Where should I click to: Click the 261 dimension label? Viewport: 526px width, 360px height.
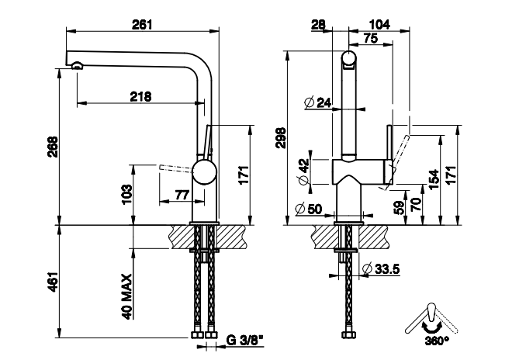point(141,24)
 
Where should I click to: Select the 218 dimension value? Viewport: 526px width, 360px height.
point(140,96)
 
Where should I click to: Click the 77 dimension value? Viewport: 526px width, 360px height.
point(182,194)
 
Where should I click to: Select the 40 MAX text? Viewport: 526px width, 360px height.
point(126,296)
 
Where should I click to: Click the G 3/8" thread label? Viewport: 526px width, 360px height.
point(242,340)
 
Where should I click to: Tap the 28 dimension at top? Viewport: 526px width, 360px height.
point(317,24)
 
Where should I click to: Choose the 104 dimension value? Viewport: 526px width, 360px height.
point(379,24)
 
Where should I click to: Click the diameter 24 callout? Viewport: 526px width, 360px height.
point(318,102)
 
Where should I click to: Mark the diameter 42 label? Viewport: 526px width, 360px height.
point(303,171)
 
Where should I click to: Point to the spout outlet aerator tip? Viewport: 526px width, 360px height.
point(76,66)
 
